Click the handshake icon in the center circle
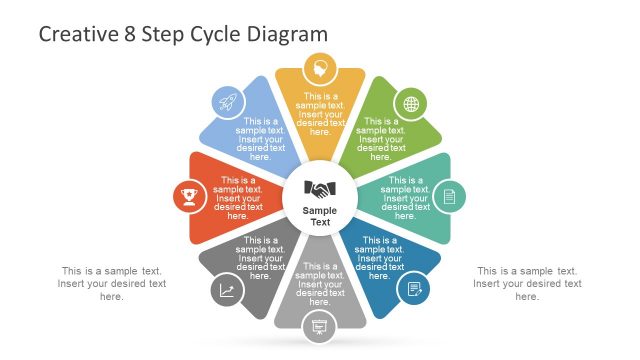pyautogui.click(x=320, y=189)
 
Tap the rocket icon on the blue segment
pyautogui.click(x=227, y=101)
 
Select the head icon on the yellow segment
pyautogui.click(x=320, y=69)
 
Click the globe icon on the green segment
pyautogui.click(x=410, y=103)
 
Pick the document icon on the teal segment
pyautogui.click(x=449, y=195)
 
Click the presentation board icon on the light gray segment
pyautogui.click(x=320, y=324)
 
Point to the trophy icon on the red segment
pyautogui.click(x=188, y=195)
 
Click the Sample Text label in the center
pyautogui.click(x=320, y=216)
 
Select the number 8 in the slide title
pyautogui.click(x=128, y=34)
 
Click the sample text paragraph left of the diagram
pyautogui.click(x=112, y=283)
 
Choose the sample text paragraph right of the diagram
pyautogui.click(x=527, y=283)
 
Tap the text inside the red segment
pyautogui.click(x=238, y=198)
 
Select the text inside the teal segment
pyautogui.click(x=405, y=198)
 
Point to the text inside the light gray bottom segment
pyautogui.click(x=320, y=284)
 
